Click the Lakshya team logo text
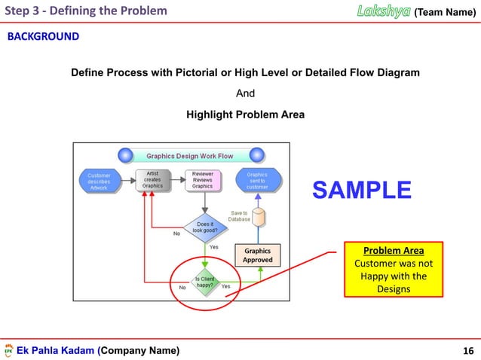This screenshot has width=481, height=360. pos(383,11)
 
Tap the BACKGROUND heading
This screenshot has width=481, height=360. pos(43,36)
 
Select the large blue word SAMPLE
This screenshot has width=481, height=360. pos(362,190)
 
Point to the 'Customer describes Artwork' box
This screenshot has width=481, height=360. pos(99,182)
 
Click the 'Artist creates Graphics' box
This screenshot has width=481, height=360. pos(152,180)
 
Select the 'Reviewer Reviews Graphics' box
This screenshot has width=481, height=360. pos(202,180)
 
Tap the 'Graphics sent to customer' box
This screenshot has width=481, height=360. pos(257,180)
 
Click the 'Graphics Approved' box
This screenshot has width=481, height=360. pos(257,255)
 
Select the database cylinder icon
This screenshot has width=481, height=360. pos(259,217)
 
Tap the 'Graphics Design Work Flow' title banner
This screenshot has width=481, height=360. pos(189,156)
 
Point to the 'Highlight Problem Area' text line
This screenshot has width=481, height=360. pos(245,115)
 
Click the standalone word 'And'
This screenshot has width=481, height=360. pos(246,94)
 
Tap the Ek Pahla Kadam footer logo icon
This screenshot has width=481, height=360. pos(8,351)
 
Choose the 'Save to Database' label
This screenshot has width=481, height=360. pos(238,216)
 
